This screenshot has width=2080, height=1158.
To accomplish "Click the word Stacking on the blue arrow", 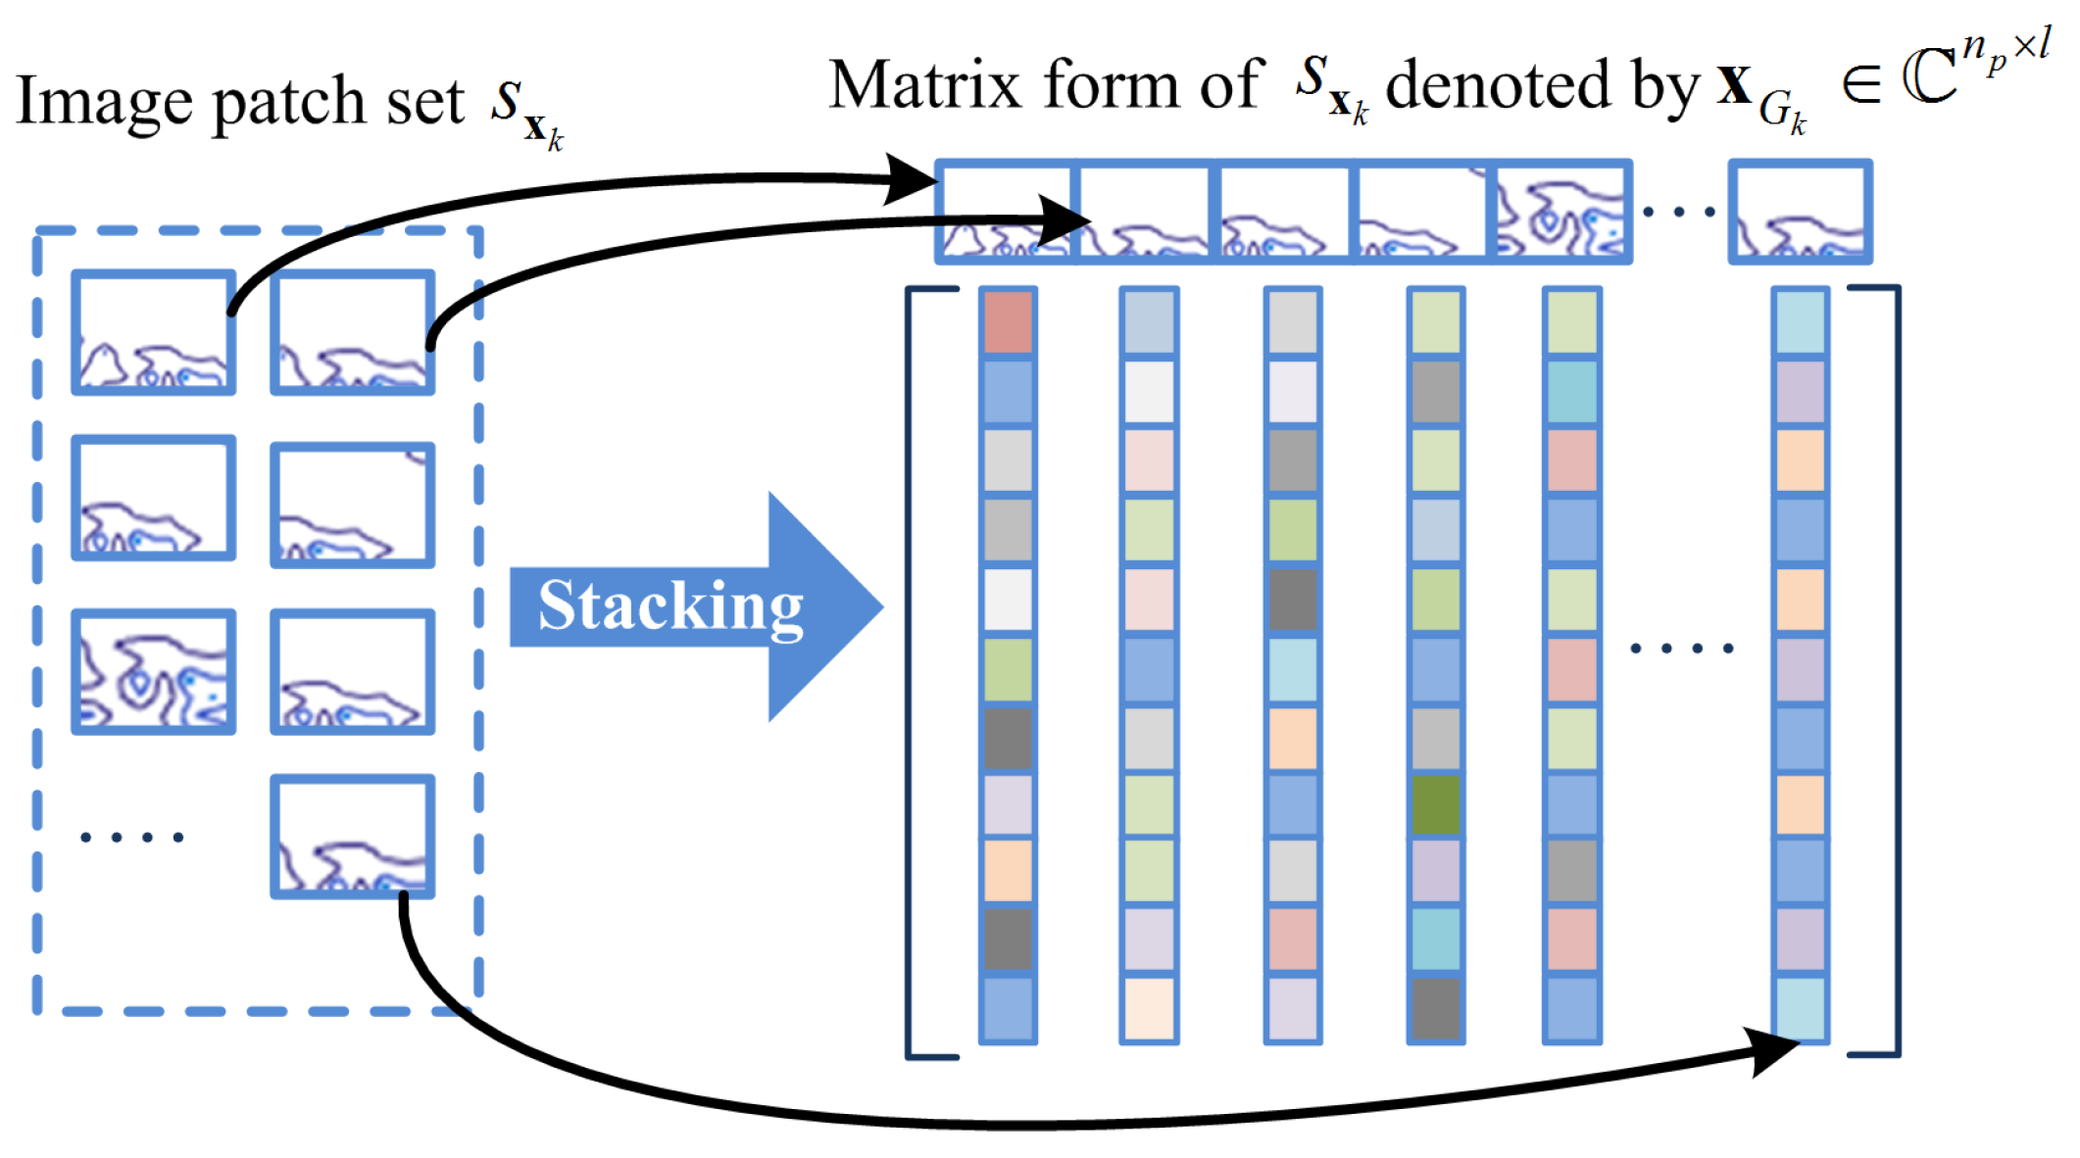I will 670,606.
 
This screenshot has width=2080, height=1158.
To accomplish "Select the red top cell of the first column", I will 1008,321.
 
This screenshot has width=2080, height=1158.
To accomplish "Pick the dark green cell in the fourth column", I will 1436,804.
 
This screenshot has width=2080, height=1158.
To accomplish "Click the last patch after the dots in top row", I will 1800,213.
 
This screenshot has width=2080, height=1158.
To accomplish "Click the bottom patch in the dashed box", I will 352,836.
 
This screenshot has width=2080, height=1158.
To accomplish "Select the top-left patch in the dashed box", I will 154,332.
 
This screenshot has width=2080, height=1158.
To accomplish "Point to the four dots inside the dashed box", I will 132,837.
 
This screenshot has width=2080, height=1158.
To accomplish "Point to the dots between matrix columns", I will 1682,649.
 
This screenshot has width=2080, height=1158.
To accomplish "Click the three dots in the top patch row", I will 1678,212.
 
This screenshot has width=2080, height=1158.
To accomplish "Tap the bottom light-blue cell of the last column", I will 1801,1007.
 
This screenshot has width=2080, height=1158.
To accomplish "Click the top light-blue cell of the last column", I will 1801,321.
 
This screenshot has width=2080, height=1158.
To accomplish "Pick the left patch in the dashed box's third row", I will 154,671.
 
